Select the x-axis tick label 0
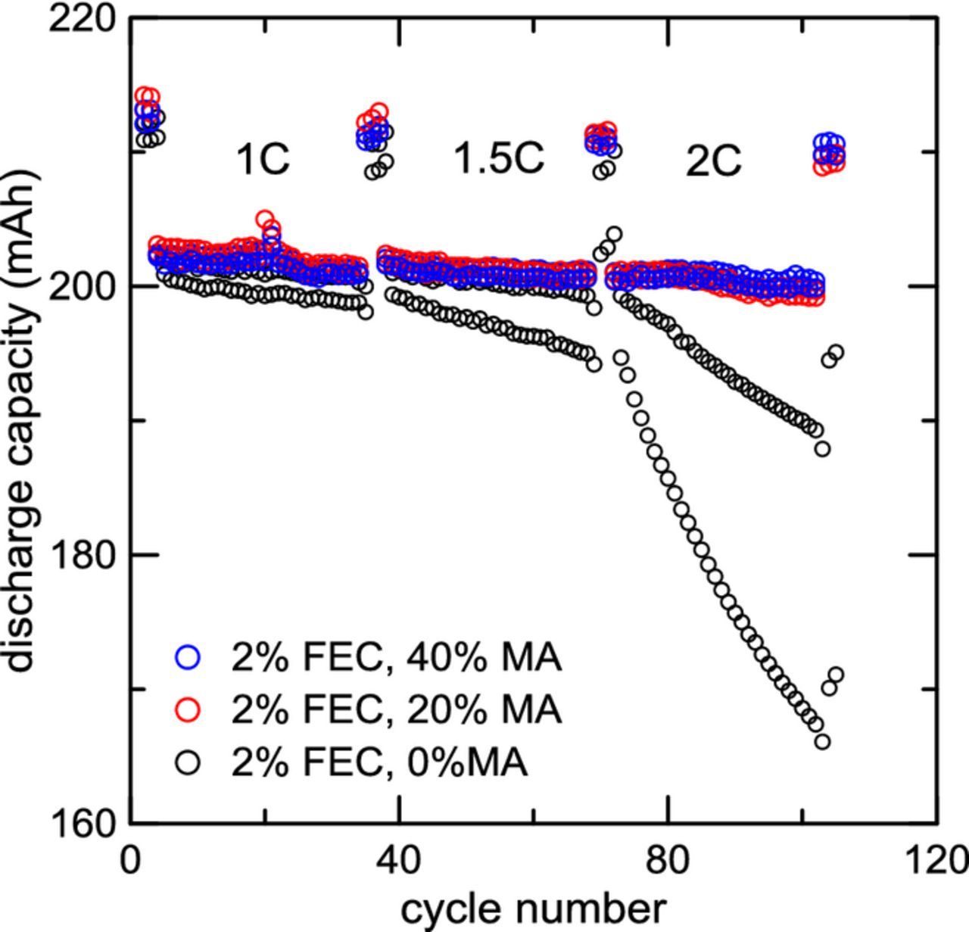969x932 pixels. (132, 861)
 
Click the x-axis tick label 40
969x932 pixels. (399, 861)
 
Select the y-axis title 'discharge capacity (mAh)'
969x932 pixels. (21, 420)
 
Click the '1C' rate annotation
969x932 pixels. (263, 160)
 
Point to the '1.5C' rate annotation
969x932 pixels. (499, 158)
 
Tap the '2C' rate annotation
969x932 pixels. (713, 161)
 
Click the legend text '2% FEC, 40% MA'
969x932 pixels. (396, 657)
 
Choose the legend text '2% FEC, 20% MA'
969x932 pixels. (396, 709)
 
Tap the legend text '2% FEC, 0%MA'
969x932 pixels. (379, 762)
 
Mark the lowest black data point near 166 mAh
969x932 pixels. (822, 742)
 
